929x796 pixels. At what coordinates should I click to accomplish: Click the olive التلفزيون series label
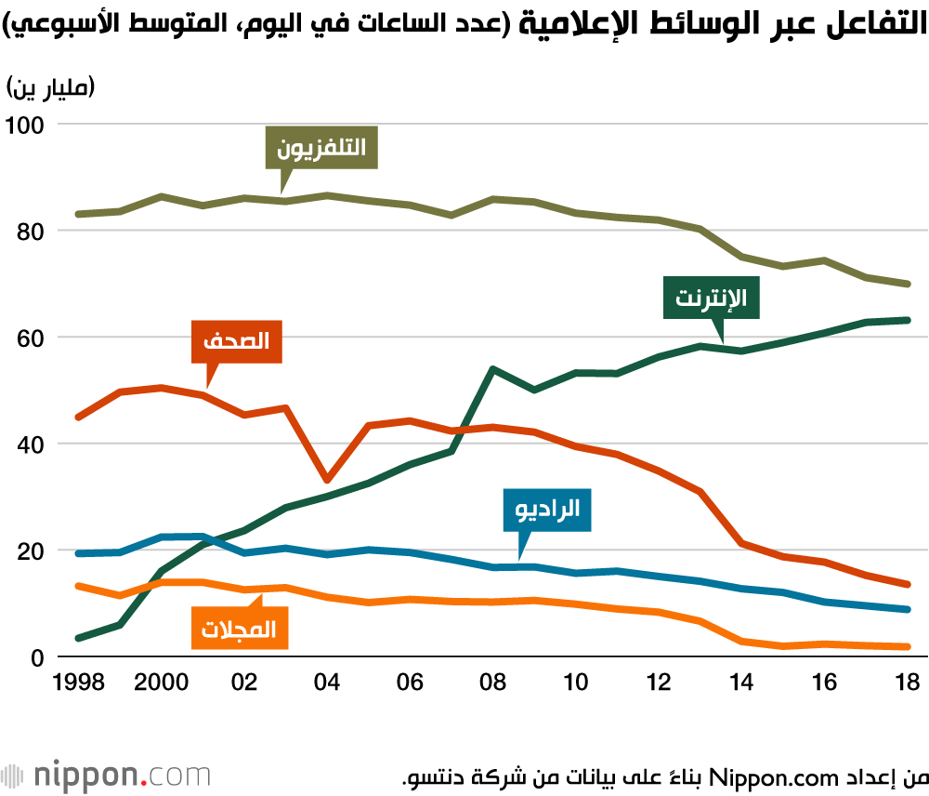pyautogui.click(x=321, y=148)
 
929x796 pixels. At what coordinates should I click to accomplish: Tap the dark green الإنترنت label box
pyautogui.click(x=711, y=298)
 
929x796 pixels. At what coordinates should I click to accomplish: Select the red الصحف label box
pyautogui.click(x=236, y=341)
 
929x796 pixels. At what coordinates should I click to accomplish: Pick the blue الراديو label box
pyautogui.click(x=547, y=510)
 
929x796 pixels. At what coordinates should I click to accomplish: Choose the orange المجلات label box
pyautogui.click(x=240, y=628)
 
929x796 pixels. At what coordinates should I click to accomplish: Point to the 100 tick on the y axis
pyautogui.click(x=24, y=126)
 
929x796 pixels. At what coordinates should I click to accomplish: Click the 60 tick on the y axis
pyautogui.click(x=31, y=338)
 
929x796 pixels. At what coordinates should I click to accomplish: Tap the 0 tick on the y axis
pyautogui.click(x=38, y=657)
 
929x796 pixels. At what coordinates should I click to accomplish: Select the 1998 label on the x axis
pyautogui.click(x=79, y=683)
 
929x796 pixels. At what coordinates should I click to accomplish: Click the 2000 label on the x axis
pyautogui.click(x=161, y=683)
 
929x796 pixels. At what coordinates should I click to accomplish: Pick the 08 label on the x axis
pyautogui.click(x=493, y=683)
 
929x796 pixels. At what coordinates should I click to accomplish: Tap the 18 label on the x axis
pyautogui.click(x=907, y=683)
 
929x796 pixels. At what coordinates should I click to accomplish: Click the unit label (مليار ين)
pyautogui.click(x=50, y=87)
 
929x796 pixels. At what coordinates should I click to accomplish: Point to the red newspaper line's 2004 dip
pyautogui.click(x=327, y=480)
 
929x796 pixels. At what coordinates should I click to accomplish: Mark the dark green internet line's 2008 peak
pyautogui.click(x=493, y=369)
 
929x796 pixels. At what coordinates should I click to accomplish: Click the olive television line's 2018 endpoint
pyautogui.click(x=907, y=285)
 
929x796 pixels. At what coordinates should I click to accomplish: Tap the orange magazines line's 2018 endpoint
pyautogui.click(x=907, y=646)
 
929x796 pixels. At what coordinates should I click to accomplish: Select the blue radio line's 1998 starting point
pyautogui.click(x=79, y=553)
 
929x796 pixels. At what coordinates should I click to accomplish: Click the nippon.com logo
pyautogui.click(x=106, y=776)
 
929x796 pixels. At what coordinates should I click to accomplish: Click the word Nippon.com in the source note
pyautogui.click(x=774, y=777)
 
